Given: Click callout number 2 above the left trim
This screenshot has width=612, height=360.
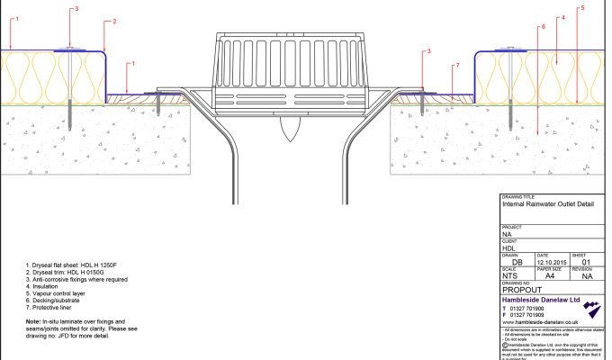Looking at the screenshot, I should click(x=114, y=21).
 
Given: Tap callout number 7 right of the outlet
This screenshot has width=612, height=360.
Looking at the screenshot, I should click(x=457, y=66).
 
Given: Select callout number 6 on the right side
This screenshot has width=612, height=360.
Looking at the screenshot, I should click(x=544, y=28).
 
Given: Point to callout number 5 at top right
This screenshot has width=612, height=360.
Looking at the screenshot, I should click(x=582, y=8).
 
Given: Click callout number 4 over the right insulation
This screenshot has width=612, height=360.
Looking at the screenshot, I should click(x=562, y=17).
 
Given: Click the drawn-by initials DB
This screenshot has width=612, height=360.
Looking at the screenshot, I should click(x=516, y=262).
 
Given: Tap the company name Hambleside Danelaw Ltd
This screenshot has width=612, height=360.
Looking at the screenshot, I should click(x=541, y=300).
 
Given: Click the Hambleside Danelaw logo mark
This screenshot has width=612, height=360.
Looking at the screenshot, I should click(x=591, y=310).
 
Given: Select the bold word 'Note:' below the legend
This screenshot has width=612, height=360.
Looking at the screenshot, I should click(x=34, y=321).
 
